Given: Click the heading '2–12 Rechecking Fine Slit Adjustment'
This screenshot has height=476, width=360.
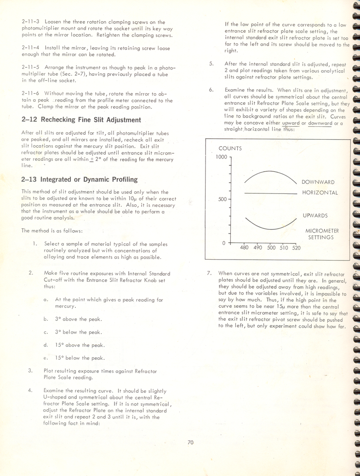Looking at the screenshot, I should point(81,120).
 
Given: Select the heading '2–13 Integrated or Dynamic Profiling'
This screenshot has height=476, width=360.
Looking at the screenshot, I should point(79,179).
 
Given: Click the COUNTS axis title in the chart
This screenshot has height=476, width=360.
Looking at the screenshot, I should point(230,148).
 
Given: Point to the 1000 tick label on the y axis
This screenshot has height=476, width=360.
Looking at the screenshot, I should point(221,157).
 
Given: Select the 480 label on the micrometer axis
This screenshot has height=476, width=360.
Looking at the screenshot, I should point(244,248).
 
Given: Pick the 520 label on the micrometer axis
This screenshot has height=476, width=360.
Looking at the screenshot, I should point(296,248).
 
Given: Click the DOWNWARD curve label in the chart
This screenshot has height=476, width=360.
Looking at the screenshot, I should point(318,182).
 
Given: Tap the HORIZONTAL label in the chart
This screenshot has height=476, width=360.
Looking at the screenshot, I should point(320,193).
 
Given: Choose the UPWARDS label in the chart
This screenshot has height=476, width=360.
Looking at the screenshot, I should point(315,215).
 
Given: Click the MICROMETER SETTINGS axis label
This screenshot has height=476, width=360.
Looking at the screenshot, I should point(322,234).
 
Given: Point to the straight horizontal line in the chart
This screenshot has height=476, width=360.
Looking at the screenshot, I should point(271,193).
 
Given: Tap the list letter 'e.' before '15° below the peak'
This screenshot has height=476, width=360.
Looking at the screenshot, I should point(46,358).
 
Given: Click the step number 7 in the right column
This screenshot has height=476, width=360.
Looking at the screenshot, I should point(209,273).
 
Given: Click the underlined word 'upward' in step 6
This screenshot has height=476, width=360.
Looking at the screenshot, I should point(291,123).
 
